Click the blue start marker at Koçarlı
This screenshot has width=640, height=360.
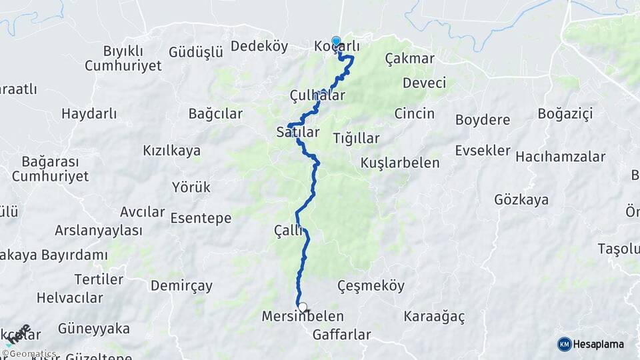(x=336, y=41)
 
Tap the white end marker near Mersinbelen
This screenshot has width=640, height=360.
(x=303, y=307)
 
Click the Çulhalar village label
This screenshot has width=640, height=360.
(x=317, y=95)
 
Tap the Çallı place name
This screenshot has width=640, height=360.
(x=288, y=230)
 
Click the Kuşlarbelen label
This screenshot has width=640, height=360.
(x=400, y=163)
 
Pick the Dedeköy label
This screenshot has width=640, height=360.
(x=259, y=46)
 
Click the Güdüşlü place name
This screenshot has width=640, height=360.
(x=195, y=52)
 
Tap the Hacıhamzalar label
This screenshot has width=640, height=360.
(x=560, y=157)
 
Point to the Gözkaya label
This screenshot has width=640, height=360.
(x=521, y=199)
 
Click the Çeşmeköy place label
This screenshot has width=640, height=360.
(x=371, y=285)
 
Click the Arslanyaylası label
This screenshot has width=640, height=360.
(x=99, y=231)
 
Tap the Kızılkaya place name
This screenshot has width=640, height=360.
(x=171, y=151)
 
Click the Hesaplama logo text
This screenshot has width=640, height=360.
(x=600, y=344)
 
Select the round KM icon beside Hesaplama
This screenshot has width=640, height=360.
(x=565, y=344)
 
